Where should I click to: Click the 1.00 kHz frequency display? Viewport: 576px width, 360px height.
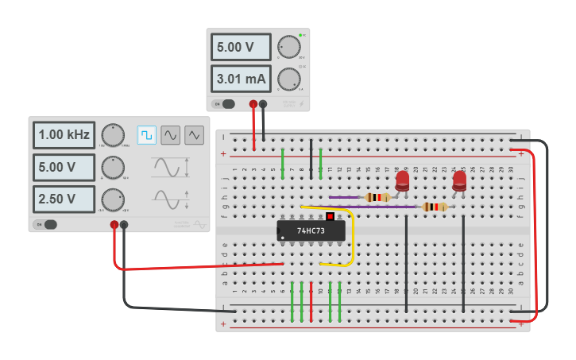click(64, 135)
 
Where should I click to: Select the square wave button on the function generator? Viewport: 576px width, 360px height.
click(146, 135)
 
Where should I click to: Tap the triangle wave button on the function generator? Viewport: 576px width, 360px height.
click(194, 135)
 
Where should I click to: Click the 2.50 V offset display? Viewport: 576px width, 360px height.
click(64, 199)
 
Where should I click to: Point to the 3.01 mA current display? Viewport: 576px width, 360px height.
click(241, 79)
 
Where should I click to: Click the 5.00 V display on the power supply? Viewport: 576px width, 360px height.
click(241, 47)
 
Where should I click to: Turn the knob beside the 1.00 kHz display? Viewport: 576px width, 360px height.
click(113, 135)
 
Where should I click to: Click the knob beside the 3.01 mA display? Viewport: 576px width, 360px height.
click(289, 79)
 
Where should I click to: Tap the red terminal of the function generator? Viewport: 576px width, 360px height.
click(114, 225)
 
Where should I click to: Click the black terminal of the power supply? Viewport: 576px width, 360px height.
click(263, 103)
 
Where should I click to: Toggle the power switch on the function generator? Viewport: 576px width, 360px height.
click(47, 224)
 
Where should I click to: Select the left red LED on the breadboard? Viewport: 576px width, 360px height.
click(402, 181)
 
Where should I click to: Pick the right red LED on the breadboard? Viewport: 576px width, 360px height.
click(459, 182)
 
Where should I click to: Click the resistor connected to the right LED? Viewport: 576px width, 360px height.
click(434, 207)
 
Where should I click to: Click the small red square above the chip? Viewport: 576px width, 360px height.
click(330, 216)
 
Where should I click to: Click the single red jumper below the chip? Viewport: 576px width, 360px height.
click(311, 302)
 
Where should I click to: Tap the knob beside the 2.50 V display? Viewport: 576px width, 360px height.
click(113, 198)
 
